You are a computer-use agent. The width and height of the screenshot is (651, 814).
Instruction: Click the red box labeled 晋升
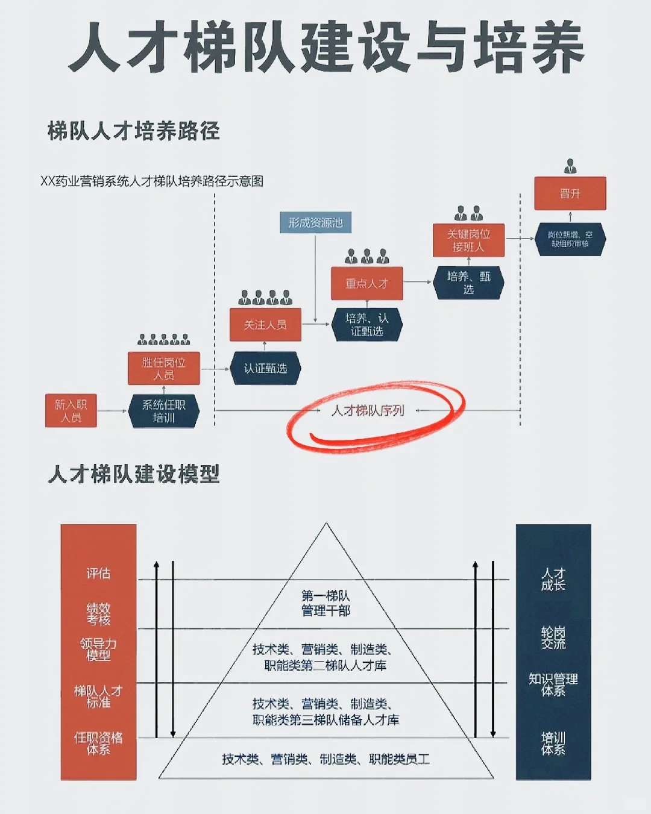pyautogui.click(x=570, y=193)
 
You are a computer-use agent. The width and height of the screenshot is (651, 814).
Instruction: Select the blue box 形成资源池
pyautogui.click(x=315, y=223)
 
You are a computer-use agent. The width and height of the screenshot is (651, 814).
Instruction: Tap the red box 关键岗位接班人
pyautogui.click(x=468, y=240)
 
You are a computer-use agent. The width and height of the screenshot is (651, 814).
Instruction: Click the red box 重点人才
pyautogui.click(x=366, y=283)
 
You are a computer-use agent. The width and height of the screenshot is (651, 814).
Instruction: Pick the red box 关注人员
pyautogui.click(x=265, y=325)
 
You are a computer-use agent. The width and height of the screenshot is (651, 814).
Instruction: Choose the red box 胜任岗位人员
pyautogui.click(x=163, y=368)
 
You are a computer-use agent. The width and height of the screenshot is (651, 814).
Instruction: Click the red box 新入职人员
pyautogui.click(x=71, y=410)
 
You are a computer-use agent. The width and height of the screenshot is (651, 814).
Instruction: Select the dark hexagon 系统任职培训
pyautogui.click(x=163, y=411)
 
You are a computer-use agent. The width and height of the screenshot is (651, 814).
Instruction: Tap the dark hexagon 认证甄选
pyautogui.click(x=265, y=368)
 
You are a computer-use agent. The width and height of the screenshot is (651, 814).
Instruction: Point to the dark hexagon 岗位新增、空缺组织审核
pyautogui.click(x=570, y=239)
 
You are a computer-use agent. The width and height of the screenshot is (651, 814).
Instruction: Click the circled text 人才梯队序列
pyautogui.click(x=368, y=411)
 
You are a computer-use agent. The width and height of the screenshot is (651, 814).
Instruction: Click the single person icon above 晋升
pyautogui.click(x=570, y=166)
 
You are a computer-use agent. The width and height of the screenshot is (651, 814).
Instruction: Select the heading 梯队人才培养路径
pyautogui.click(x=134, y=131)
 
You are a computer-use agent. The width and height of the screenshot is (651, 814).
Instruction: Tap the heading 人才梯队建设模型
pyautogui.click(x=134, y=474)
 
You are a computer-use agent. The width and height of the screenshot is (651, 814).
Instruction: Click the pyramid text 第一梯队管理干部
pyautogui.click(x=325, y=603)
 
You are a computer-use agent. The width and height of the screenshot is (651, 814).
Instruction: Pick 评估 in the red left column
pyautogui.click(x=98, y=573)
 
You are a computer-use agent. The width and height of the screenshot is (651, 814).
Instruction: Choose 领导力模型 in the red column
pyautogui.click(x=98, y=649)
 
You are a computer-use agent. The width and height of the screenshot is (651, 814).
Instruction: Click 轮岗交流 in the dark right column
pyautogui.click(x=553, y=637)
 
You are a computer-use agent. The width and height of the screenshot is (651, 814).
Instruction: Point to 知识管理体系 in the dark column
pyautogui.click(x=553, y=684)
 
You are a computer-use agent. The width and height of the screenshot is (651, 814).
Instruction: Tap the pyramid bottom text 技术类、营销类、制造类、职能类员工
pyautogui.click(x=325, y=759)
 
